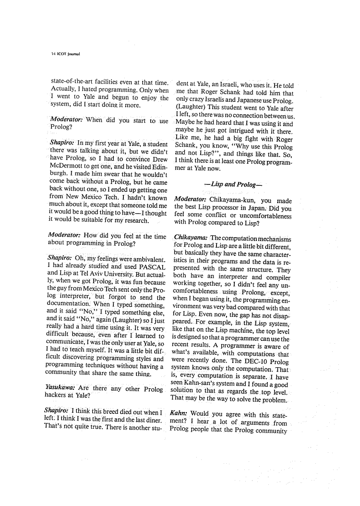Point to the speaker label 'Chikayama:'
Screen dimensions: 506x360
pos(191,238)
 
